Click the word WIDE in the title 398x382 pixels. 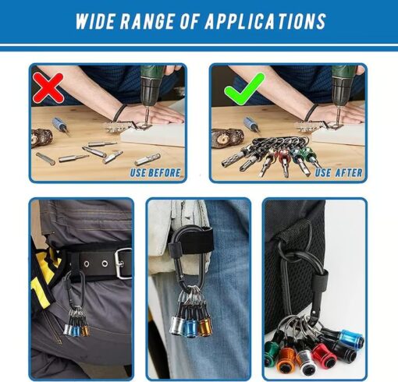[95, 21]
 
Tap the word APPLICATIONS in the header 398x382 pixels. [265, 21]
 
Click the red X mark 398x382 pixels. [48, 87]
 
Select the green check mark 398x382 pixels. [244, 89]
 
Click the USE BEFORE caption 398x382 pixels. [155, 173]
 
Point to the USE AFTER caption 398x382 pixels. [339, 173]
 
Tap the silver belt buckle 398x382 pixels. [123, 264]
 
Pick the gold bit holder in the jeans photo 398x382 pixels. [205, 327]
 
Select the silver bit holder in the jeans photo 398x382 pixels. [177, 325]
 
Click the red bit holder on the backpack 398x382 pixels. [322, 354]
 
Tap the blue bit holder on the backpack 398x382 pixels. [351, 337]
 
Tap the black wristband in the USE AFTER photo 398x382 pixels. [311, 112]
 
